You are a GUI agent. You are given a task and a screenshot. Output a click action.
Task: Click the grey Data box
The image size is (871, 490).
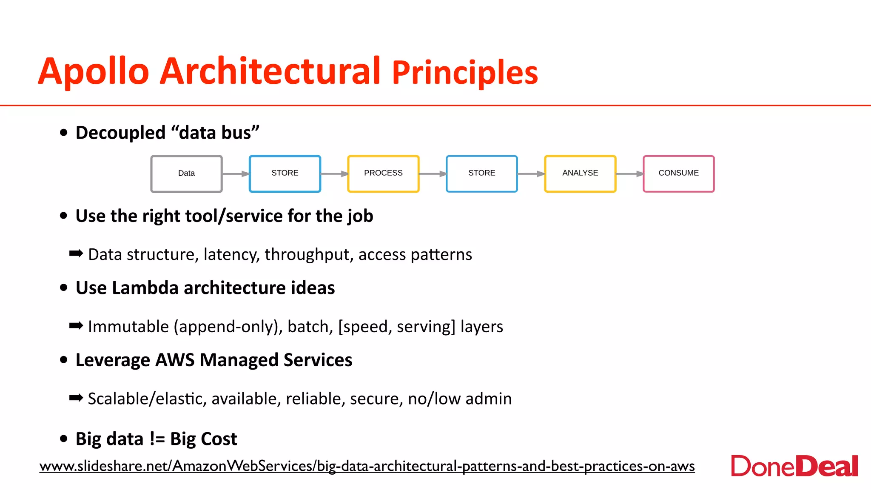[186, 174]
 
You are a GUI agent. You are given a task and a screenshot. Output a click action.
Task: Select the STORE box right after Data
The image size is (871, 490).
[285, 174]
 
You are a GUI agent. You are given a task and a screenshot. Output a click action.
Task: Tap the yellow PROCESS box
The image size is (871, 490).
[383, 174]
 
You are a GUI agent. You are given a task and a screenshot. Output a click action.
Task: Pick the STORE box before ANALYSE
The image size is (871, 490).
[481, 174]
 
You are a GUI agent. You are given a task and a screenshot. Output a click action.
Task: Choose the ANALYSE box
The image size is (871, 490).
[580, 174]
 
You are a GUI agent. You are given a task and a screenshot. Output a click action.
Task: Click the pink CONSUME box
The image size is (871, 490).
[678, 174]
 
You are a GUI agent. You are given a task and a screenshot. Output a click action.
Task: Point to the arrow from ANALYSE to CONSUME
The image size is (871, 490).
[629, 174]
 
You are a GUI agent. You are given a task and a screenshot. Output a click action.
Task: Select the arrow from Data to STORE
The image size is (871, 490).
[236, 174]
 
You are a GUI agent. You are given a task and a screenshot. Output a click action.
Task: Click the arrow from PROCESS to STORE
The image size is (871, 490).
[433, 174]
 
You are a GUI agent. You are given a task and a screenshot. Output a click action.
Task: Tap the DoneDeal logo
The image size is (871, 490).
[794, 466]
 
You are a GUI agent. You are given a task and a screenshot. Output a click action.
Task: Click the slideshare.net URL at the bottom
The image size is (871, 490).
[367, 466]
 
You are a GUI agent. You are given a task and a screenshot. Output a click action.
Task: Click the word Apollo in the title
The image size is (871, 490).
[94, 71]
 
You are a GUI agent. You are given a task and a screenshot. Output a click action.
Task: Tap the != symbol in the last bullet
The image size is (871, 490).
[157, 439]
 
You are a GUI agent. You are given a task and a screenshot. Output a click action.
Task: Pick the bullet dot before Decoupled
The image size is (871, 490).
[64, 133]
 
